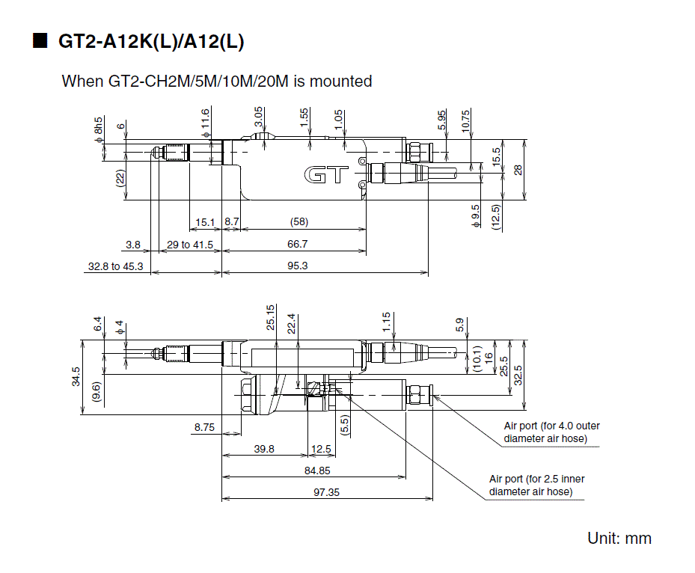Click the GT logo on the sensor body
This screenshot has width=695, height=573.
(326, 175)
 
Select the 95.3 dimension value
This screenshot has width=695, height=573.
(298, 266)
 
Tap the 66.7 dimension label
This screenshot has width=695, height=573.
(297, 244)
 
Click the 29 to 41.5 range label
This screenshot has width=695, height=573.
(189, 244)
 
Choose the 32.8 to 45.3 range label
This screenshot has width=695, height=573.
(115, 266)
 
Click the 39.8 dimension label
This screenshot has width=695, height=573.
(263, 449)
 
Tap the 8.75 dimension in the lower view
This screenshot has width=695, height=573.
(204, 427)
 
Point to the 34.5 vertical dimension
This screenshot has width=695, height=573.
(75, 376)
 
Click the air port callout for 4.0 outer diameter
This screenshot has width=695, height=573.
(551, 432)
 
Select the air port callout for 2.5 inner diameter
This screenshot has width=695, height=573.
(536, 485)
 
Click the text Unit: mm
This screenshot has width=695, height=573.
(619, 539)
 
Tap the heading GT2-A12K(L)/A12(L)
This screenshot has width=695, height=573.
(151, 42)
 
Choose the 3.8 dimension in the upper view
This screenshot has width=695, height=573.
(133, 244)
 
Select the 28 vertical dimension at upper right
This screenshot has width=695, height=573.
(518, 169)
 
